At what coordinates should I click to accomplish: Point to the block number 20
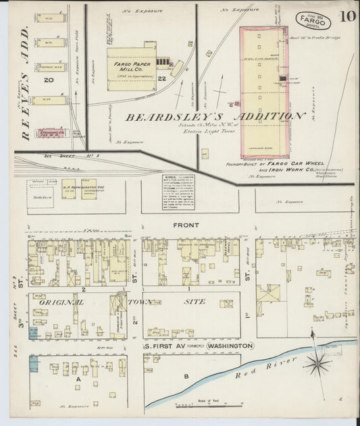tap(49, 80)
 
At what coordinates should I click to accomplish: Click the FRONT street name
tap(186, 225)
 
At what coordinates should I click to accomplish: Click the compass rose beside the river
tap(316, 365)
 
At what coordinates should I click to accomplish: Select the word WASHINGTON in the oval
tap(230, 346)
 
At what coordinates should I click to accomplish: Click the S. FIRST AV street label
tap(164, 346)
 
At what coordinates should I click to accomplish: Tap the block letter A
tap(78, 380)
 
